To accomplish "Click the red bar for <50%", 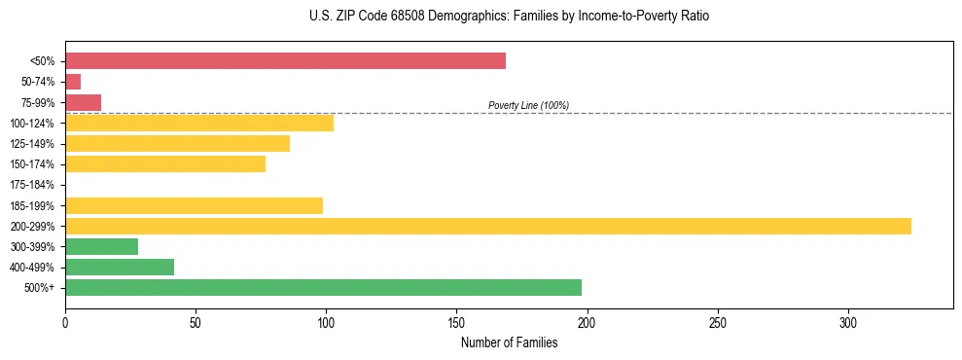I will pyautogui.click(x=285, y=61).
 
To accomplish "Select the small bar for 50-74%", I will pyautogui.click(x=73, y=82).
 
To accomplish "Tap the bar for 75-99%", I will pyautogui.click(x=83, y=102).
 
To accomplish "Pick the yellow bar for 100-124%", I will pyautogui.click(x=199, y=123).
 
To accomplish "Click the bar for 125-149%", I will pyautogui.click(x=177, y=143).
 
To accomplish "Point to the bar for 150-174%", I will pyautogui.click(x=165, y=163).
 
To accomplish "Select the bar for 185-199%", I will pyautogui.click(x=194, y=205).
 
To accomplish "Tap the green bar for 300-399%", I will pyautogui.click(x=101, y=246).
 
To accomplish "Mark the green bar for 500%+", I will pyautogui.click(x=323, y=287).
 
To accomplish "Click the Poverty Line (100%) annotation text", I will pyautogui.click(x=528, y=105).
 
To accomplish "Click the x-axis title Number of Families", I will pyautogui.click(x=509, y=342).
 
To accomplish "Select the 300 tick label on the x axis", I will pyautogui.click(x=848, y=321).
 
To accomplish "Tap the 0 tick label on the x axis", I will pyautogui.click(x=65, y=321).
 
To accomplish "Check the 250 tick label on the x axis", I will pyautogui.click(x=718, y=321).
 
